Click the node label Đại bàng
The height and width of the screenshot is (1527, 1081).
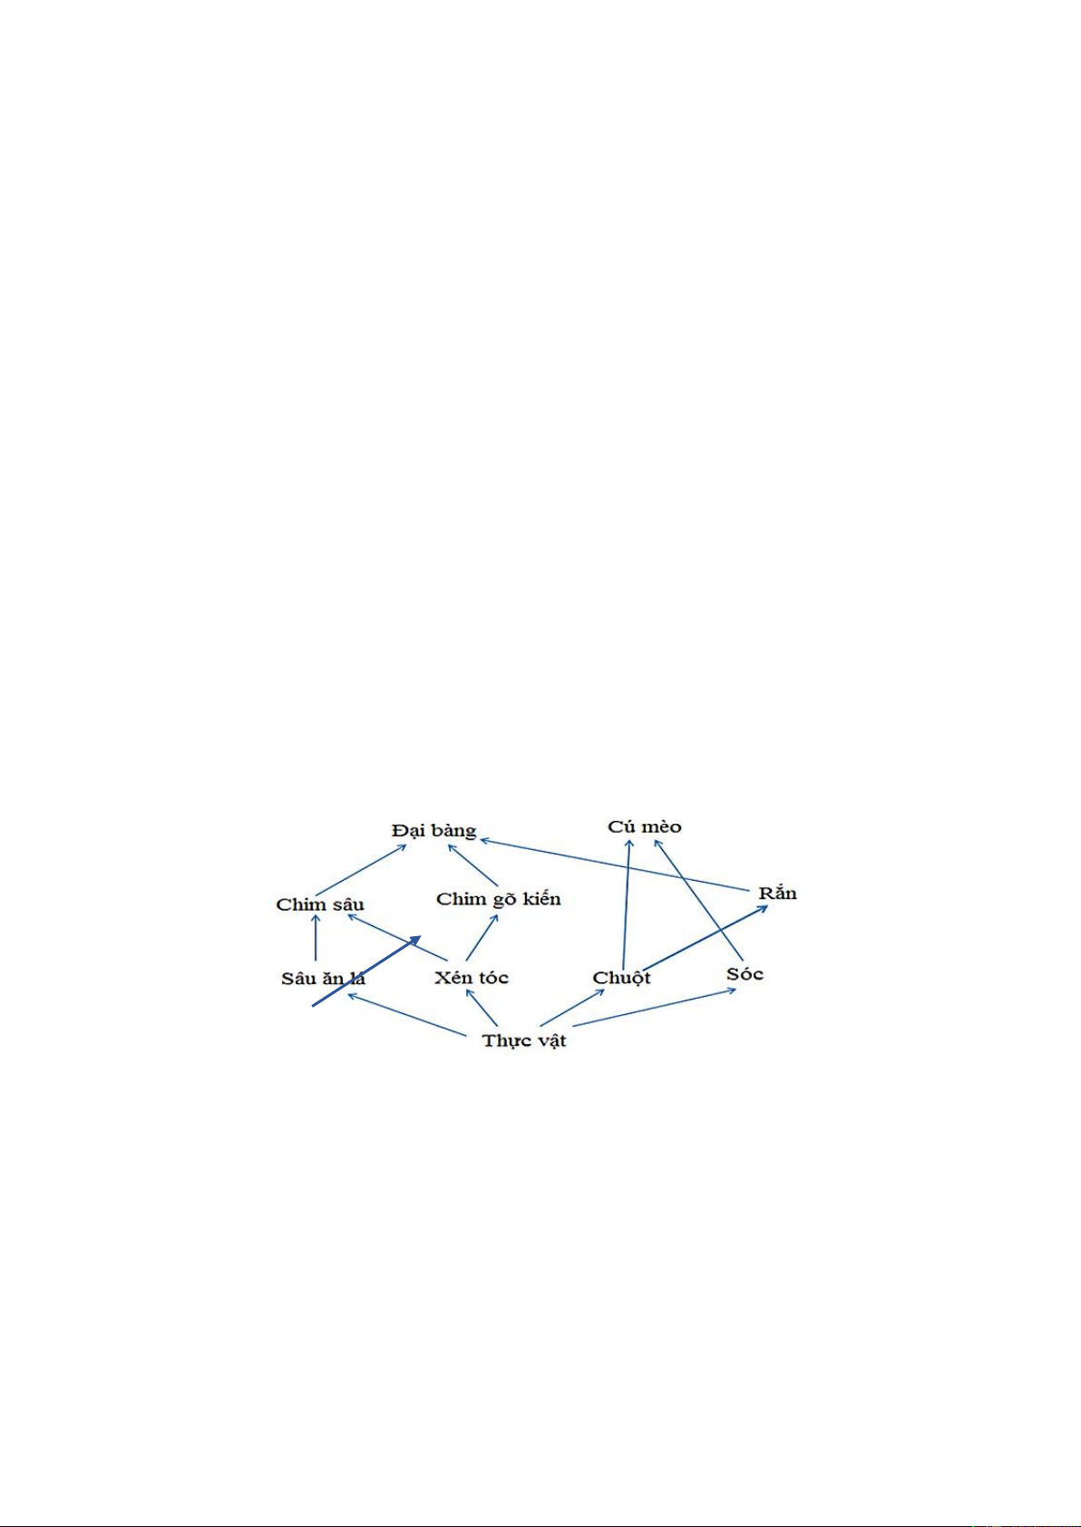433,831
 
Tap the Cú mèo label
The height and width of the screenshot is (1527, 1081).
645,826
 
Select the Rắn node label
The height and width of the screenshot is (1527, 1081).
777,893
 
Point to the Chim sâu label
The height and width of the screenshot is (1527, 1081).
320,904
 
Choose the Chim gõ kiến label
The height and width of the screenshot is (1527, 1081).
499,899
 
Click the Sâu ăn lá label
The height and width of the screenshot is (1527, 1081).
323,978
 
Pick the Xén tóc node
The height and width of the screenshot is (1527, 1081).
472,978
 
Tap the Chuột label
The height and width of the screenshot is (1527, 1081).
621,978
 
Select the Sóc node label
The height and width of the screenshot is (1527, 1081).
745,973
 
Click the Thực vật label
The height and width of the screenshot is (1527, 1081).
524,1041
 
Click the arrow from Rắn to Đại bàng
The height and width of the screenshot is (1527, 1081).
615,865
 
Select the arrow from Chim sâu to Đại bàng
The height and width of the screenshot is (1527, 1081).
362,869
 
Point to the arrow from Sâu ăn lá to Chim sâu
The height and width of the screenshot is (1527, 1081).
316,937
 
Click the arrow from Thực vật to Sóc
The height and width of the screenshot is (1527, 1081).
655,1007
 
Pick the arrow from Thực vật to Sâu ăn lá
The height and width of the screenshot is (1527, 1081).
406,1015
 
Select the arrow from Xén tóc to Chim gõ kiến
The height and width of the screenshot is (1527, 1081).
482,937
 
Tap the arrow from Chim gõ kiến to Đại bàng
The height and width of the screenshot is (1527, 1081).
472,865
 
